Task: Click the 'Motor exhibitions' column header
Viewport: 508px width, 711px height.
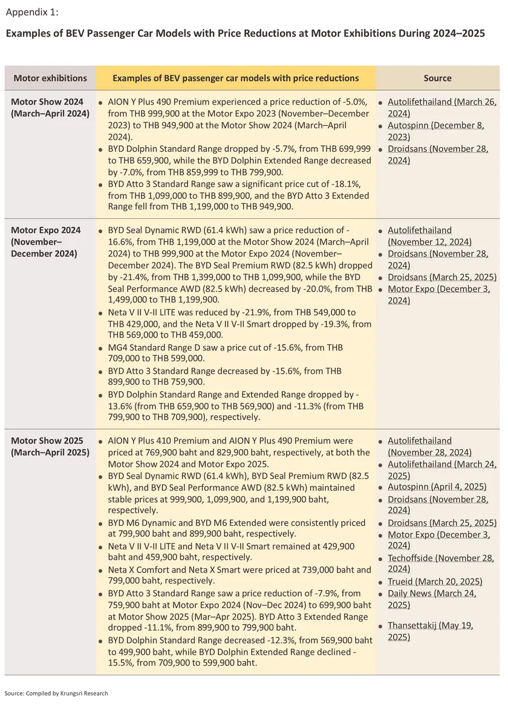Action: (x=50, y=78)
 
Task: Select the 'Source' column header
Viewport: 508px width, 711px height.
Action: (x=437, y=78)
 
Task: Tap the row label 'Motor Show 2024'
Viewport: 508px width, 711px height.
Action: (x=47, y=102)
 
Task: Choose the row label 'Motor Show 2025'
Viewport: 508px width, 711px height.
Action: (x=47, y=441)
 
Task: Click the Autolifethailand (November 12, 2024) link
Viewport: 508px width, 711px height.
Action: (x=429, y=236)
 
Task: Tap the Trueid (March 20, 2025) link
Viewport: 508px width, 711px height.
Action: (x=435, y=582)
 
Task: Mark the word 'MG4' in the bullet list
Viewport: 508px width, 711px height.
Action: (x=118, y=348)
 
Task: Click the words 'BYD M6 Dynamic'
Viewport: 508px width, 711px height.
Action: (x=141, y=522)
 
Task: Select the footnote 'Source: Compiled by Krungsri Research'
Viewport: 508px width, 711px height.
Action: (x=56, y=693)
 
